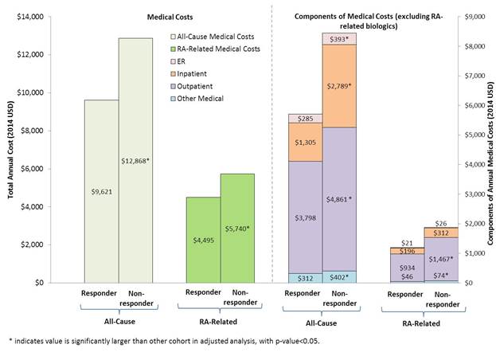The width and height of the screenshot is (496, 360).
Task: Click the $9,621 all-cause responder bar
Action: click(102, 191)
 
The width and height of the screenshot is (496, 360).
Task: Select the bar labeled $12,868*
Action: click(135, 159)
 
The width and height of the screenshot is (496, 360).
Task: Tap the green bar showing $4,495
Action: click(203, 239)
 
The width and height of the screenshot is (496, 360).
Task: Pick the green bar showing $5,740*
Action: click(236, 228)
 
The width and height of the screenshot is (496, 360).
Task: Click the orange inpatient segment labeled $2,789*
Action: click(339, 85)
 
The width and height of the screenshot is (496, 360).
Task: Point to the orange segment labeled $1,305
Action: click(305, 142)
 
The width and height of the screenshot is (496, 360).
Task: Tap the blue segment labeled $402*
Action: click(339, 276)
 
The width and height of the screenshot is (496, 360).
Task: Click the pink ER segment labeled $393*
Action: click(339, 38)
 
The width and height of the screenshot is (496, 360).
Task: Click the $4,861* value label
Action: click(339, 198)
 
